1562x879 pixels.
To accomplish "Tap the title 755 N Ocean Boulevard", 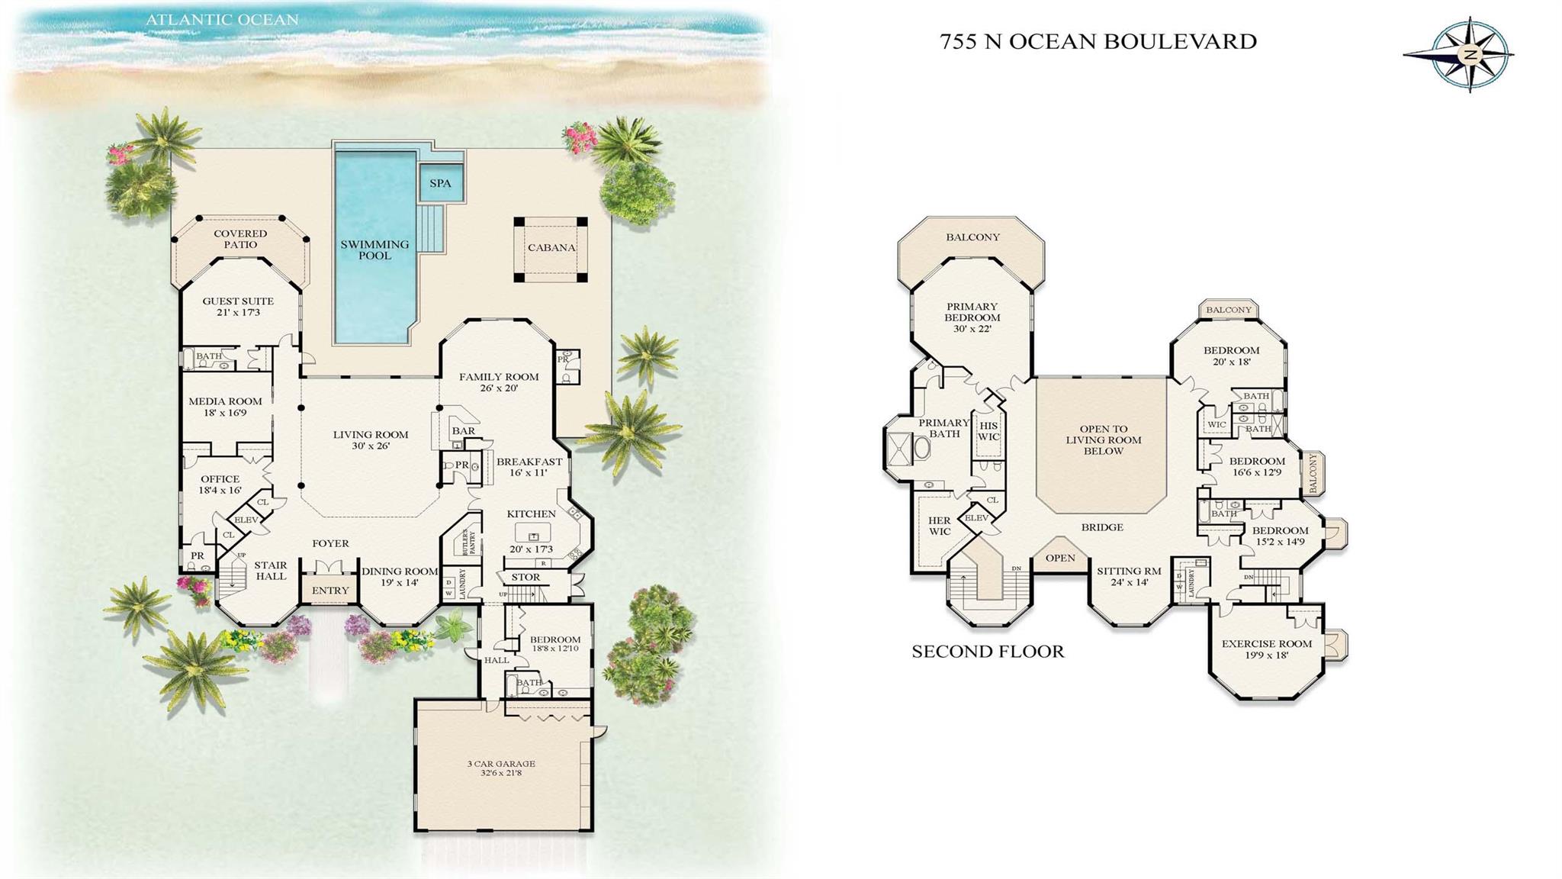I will [1098, 41].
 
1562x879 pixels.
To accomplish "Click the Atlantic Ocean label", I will [222, 20].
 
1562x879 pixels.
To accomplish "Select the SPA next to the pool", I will [440, 183].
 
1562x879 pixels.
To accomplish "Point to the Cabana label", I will [551, 248].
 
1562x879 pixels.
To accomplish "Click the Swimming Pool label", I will [374, 250].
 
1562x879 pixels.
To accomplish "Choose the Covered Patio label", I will [240, 239].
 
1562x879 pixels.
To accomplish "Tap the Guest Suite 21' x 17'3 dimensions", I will [238, 312].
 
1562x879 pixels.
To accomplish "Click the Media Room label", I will [225, 401].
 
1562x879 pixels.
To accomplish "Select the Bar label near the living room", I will [463, 430].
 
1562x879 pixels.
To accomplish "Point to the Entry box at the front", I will [330, 591].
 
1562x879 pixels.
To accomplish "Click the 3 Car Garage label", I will [501, 764].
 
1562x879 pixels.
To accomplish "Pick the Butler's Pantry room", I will [467, 542].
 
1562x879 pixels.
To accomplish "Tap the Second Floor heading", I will [988, 652].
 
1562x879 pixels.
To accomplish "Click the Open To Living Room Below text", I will [1103, 440].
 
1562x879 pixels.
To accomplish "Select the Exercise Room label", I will [1267, 644].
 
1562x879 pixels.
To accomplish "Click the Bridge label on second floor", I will [1102, 527].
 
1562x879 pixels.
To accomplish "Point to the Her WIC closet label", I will [940, 526].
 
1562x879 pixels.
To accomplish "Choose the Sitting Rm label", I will [1129, 571].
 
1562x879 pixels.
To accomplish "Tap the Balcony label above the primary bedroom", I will [972, 237].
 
